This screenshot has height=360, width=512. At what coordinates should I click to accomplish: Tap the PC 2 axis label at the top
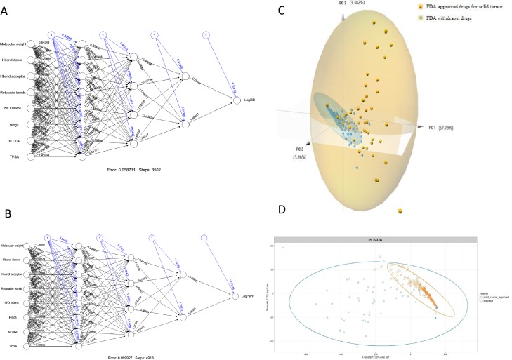[x=360, y=3]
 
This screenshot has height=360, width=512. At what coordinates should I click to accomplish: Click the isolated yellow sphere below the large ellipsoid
[x=400, y=210]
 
